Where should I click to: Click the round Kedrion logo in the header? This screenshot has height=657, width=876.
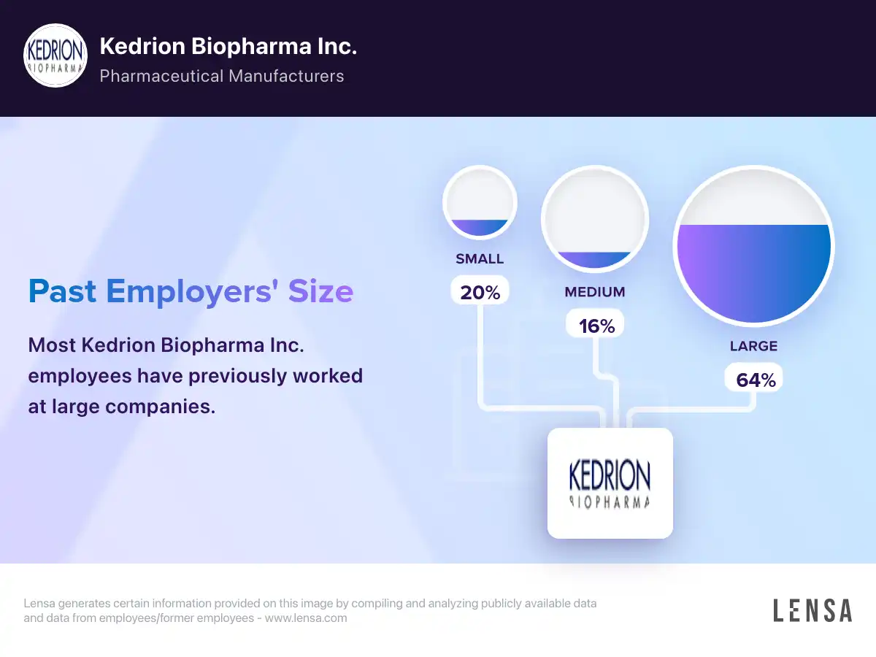[x=56, y=55]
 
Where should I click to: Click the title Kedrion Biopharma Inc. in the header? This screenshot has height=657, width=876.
[x=228, y=47]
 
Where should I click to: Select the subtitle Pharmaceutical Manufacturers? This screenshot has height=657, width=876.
[x=221, y=76]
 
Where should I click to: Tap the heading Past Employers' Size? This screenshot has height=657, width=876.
[x=191, y=291]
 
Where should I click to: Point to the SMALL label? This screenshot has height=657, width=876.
[x=480, y=259]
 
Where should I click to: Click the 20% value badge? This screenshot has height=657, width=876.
[x=480, y=292]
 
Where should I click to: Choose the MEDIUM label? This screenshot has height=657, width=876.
[x=595, y=292]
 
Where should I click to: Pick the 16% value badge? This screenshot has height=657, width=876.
[x=596, y=326]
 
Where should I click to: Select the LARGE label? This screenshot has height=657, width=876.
[x=753, y=346]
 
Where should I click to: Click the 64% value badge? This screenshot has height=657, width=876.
[x=754, y=380]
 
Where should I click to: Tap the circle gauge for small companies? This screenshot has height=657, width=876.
[x=480, y=202]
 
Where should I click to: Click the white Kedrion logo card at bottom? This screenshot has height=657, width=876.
[x=610, y=483]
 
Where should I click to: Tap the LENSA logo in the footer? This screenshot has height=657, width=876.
[x=812, y=610]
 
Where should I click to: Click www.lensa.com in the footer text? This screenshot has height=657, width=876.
[x=305, y=618]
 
